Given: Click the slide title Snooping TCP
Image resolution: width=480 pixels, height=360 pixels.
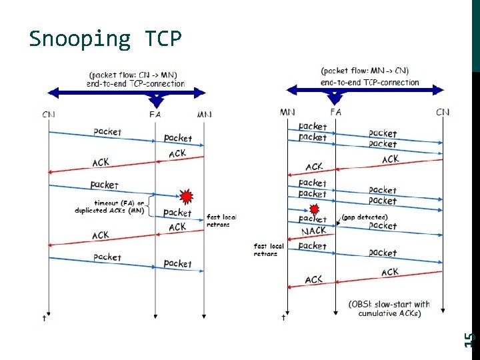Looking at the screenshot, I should pyautogui.click(x=105, y=39).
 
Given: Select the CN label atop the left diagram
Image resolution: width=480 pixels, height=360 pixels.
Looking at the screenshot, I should pyautogui.click(x=49, y=114).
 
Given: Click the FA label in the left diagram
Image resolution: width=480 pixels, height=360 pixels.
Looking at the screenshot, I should pyautogui.click(x=155, y=114).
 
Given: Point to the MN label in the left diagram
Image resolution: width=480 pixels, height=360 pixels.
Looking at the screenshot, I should pyautogui.click(x=204, y=114).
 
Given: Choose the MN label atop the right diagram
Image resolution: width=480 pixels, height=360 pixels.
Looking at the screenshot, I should pyautogui.click(x=288, y=112).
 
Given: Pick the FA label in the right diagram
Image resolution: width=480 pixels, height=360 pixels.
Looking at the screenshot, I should pyautogui.click(x=335, y=112).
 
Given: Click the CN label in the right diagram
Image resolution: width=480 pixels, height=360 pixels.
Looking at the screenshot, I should pyautogui.click(x=443, y=112).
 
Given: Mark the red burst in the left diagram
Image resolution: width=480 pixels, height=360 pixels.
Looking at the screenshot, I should pyautogui.click(x=187, y=196).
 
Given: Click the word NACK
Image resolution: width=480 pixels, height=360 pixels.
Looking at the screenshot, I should pyautogui.click(x=313, y=231).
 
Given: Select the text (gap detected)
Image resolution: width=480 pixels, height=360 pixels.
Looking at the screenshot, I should pyautogui.click(x=364, y=217).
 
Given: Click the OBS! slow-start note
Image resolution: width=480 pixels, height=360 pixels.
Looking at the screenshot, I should pyautogui.click(x=389, y=309).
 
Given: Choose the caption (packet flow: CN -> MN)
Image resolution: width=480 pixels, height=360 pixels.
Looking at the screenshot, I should pyautogui.click(x=135, y=79).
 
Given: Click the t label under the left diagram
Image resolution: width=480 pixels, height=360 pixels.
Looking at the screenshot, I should pyautogui.click(x=45, y=318).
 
